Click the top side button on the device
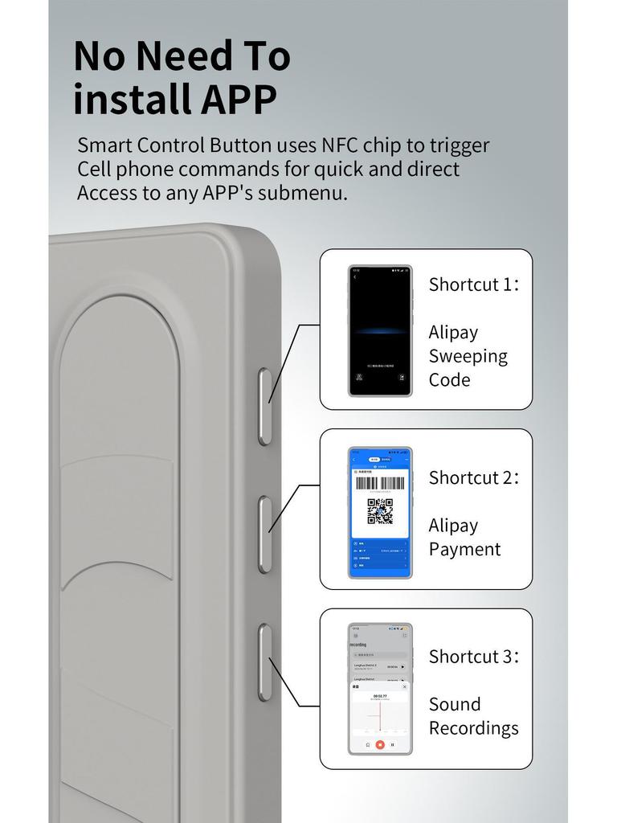(264, 407)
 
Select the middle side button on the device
(264, 534)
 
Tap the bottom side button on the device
(264, 661)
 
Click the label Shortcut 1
(473, 285)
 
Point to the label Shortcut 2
(473, 477)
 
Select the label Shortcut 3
(473, 657)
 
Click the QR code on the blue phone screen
(380, 511)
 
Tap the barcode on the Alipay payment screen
(380, 484)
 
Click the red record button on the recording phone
(380, 745)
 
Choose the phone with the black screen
(380, 330)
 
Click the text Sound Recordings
(473, 716)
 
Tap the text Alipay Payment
(464, 538)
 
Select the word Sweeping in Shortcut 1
(468, 356)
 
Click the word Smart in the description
(104, 145)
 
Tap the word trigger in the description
(459, 146)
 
